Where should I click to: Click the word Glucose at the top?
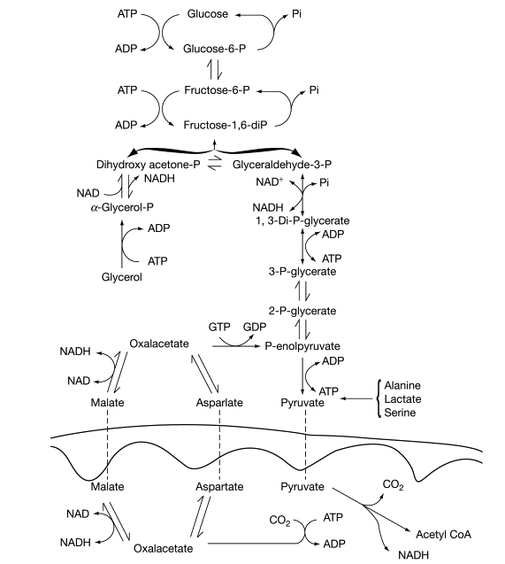[x=209, y=15]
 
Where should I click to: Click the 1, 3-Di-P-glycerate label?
[x=301, y=219]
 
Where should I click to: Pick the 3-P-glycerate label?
[x=302, y=272]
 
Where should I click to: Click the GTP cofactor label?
[x=219, y=327]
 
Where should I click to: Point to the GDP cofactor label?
[x=255, y=327]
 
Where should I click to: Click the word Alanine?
[x=402, y=385]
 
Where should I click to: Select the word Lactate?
[x=402, y=399]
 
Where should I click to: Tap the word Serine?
[x=400, y=413]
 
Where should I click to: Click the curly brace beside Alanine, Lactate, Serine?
[x=378, y=399]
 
